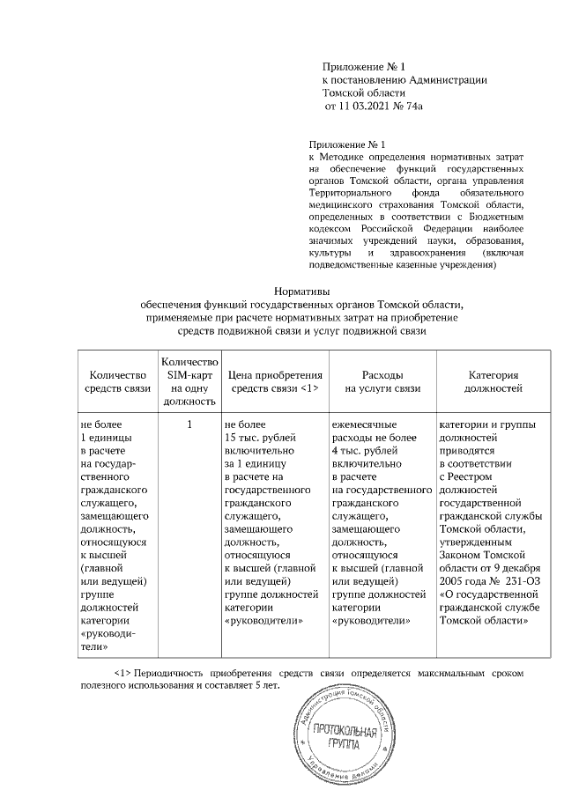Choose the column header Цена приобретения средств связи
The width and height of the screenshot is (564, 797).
273,380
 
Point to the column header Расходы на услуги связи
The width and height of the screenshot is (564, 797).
382,380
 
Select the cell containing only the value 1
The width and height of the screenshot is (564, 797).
189,424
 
